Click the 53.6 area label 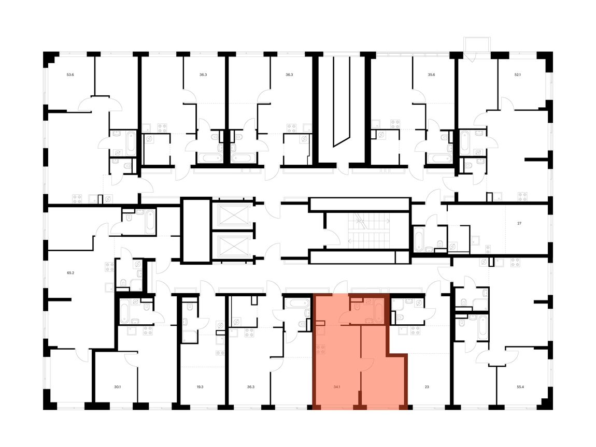[70, 75]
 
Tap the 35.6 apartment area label [431, 75]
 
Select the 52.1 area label [517, 75]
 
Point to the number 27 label [519, 223]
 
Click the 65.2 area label [70, 272]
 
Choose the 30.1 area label [118, 387]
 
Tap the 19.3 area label [200, 387]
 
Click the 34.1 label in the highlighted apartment [337, 387]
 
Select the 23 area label [427, 387]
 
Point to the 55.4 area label [520, 387]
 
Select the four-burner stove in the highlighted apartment [321, 350]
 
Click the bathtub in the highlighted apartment [379, 311]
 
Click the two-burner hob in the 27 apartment [488, 250]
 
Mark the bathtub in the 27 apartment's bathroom [419, 239]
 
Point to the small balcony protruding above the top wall [477, 45]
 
